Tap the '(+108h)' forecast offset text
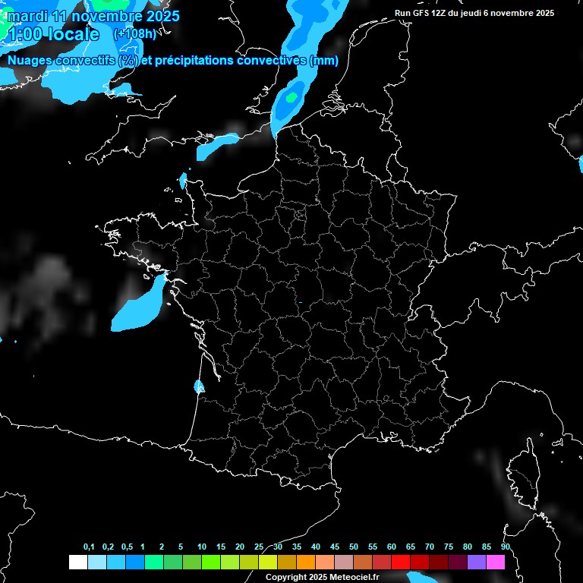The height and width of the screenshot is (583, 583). [x=134, y=33]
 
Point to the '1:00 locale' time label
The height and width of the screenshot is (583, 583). [x=53, y=35]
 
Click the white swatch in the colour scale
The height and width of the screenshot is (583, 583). [x=77, y=562]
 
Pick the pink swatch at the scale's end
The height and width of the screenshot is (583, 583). [x=496, y=562]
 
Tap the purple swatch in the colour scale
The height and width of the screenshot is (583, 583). [x=477, y=562]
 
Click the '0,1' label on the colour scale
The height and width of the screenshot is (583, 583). [x=89, y=547]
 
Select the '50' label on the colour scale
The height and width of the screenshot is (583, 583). [x=354, y=547]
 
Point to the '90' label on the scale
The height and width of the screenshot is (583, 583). [x=506, y=547]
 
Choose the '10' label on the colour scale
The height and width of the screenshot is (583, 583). [x=201, y=547]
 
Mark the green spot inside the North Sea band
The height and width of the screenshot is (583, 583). [x=291, y=96]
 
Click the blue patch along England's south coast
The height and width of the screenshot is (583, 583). [x=216, y=145]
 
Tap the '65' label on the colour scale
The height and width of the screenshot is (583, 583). [x=410, y=547]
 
